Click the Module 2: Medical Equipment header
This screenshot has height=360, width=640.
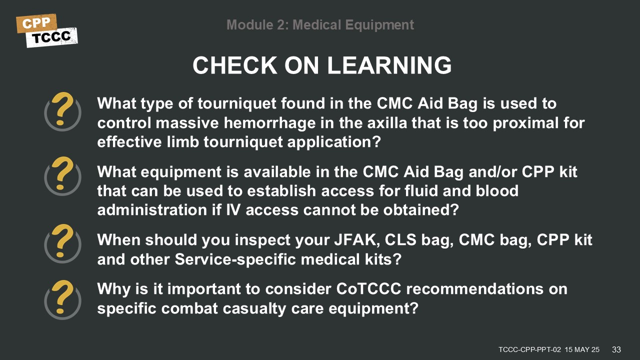(320, 24)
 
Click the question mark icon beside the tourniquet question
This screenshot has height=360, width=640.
(62, 112)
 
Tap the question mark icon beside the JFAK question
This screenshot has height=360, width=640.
(62, 243)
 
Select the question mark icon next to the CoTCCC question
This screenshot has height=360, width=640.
(62, 299)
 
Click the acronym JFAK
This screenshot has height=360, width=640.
(354, 240)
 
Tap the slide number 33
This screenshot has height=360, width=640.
(616, 349)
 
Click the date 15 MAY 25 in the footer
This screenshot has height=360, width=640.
(582, 349)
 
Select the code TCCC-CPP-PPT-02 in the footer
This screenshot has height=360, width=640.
(529, 349)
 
